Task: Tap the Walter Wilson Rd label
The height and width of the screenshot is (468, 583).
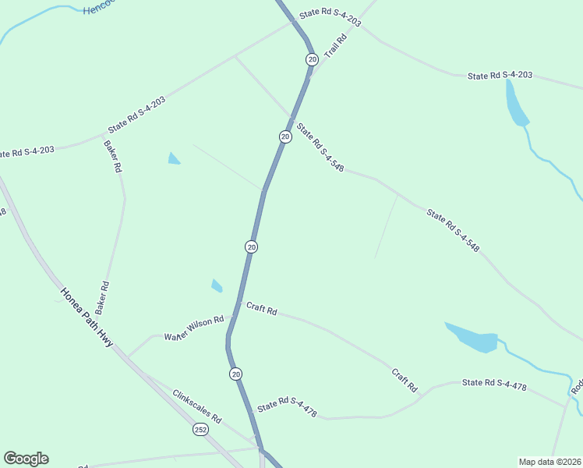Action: pyautogui.click(x=193, y=328)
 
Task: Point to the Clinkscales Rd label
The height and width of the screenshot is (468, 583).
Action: pyautogui.click(x=197, y=406)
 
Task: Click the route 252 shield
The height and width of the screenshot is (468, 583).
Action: pyautogui.click(x=201, y=430)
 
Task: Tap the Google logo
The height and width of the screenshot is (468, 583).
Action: pyautogui.click(x=26, y=459)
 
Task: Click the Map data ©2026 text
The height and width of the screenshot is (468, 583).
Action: pyautogui.click(x=549, y=462)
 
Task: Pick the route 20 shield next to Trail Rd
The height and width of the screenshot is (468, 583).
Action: pyautogui.click(x=312, y=59)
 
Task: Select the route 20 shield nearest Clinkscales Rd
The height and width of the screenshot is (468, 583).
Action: pyautogui.click(x=236, y=374)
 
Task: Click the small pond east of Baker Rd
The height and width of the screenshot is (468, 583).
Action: pyautogui.click(x=174, y=159)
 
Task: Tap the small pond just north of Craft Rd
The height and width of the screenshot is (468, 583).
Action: pyautogui.click(x=217, y=285)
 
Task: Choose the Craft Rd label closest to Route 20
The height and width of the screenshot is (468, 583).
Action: pyautogui.click(x=262, y=310)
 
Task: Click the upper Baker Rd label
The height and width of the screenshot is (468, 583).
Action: pyautogui.click(x=113, y=155)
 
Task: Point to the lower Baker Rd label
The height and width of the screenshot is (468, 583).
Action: pyautogui.click(x=103, y=298)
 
